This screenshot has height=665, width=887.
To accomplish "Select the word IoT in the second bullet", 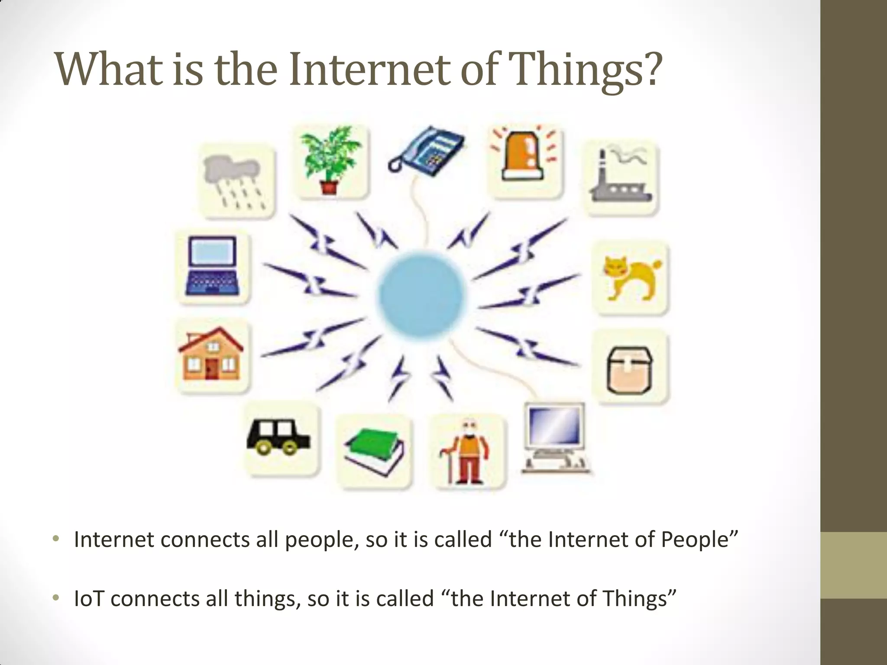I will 89,599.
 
